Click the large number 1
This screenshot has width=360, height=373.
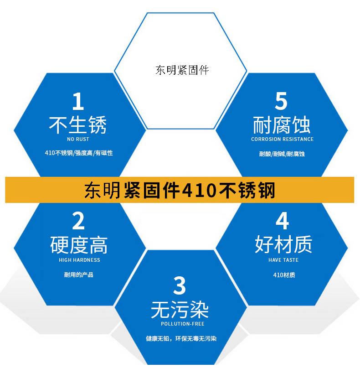pyautogui.click(x=78, y=101)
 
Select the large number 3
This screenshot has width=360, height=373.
pyautogui.click(x=180, y=286)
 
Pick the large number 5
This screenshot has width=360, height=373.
pyautogui.click(x=282, y=101)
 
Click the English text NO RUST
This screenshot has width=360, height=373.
pyautogui.click(x=78, y=139)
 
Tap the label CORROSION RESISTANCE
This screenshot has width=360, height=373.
pyautogui.click(x=282, y=139)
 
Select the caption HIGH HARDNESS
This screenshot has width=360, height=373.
pyautogui.click(x=79, y=260)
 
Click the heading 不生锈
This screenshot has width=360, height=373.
pyautogui.click(x=78, y=124)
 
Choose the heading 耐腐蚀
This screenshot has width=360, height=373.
pyautogui.click(x=282, y=124)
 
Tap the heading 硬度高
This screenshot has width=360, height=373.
pyautogui.click(x=79, y=245)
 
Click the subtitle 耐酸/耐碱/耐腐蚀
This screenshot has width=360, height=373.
pyautogui.click(x=282, y=154)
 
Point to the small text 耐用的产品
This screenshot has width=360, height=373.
pyautogui.click(x=79, y=275)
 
